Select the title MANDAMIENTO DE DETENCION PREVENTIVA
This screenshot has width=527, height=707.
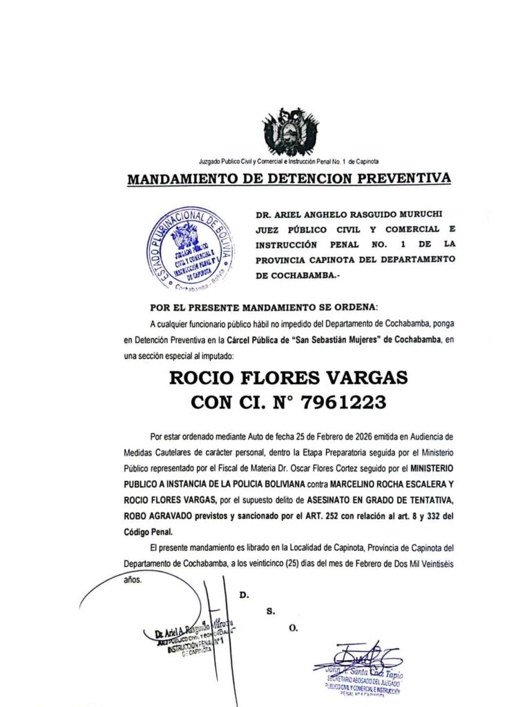coord(289,180)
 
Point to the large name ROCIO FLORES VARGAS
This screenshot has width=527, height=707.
coord(289,378)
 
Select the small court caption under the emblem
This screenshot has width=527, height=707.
coord(289,161)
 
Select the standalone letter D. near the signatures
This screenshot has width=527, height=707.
coord(244,594)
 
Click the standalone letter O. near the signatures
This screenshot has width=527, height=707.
coord(293,628)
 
